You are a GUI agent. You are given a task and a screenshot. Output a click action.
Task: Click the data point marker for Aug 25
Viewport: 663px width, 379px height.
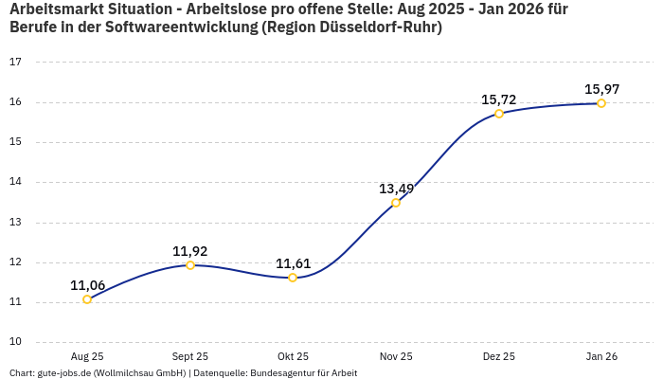coord(87,299)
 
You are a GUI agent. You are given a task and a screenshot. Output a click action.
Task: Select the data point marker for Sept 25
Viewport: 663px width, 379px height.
coord(190,265)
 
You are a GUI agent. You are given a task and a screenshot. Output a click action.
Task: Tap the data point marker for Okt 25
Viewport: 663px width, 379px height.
coord(293,278)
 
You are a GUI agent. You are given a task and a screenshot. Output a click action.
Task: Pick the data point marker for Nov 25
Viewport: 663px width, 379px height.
coord(396,203)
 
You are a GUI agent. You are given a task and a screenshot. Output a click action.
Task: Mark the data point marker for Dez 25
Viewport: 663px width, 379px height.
coord(499,114)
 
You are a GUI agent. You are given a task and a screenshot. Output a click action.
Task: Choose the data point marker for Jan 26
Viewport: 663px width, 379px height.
coord(601,103)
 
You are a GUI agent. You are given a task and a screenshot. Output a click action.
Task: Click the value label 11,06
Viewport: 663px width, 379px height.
coord(87,285)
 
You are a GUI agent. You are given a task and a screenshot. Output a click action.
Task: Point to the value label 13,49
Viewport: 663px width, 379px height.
coord(396,189)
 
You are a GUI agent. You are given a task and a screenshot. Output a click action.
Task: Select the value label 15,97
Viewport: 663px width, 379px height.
coord(601,89)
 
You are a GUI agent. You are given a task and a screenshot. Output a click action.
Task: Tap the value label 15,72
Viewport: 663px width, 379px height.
coord(499,99)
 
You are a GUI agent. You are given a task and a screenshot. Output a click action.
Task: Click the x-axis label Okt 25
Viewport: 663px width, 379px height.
coord(293,356)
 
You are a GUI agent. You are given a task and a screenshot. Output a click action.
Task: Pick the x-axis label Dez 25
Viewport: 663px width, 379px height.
coord(499,356)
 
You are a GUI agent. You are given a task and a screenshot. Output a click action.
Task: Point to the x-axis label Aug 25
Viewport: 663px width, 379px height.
coord(87,356)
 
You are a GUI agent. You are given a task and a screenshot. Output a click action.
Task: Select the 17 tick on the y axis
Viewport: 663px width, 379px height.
coord(15,63)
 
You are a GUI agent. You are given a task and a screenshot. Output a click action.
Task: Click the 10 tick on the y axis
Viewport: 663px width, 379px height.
coord(15,342)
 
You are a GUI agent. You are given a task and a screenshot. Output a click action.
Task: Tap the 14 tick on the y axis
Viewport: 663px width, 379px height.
coord(15,182)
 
